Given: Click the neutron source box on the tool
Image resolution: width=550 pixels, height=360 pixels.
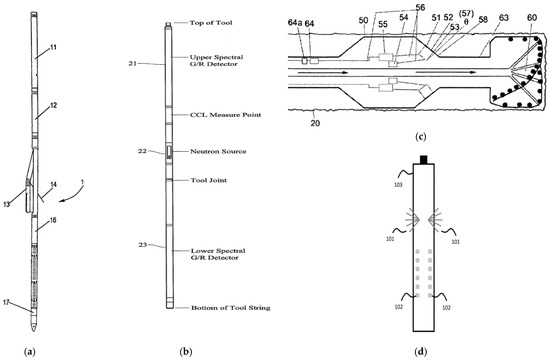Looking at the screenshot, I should pos(169,152).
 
